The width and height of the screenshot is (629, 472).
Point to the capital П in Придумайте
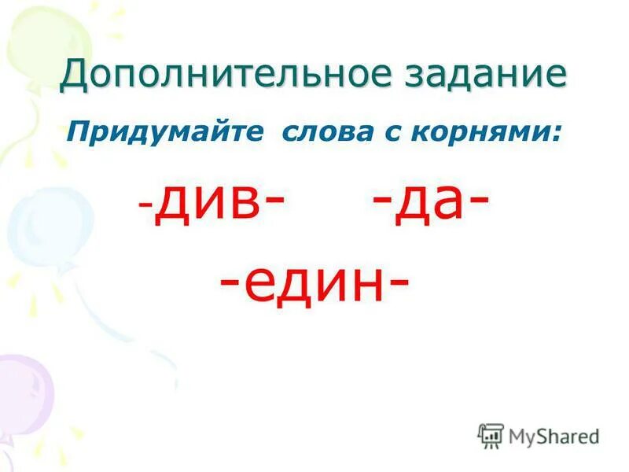76,131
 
